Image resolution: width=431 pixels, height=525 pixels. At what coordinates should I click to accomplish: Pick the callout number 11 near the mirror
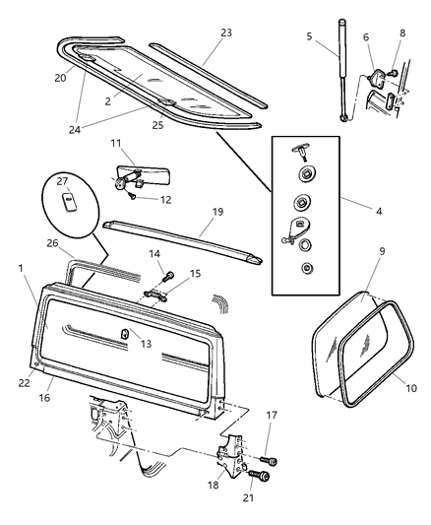[116, 144]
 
